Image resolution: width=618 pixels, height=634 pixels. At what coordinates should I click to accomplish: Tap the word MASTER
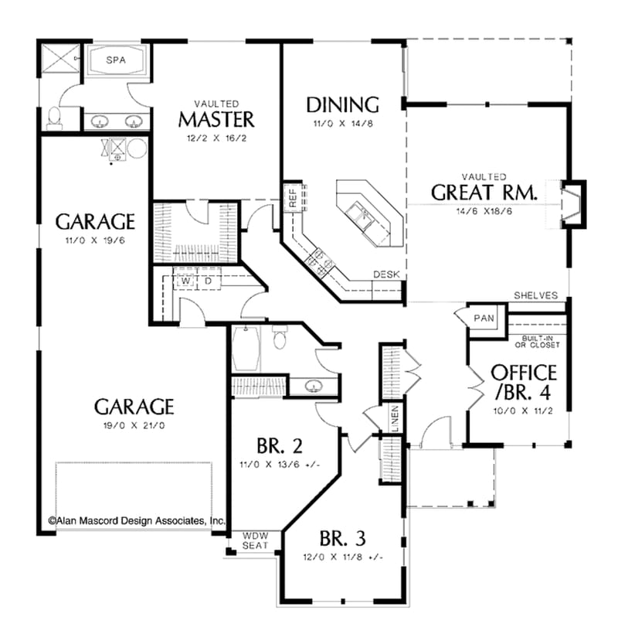coord(216,119)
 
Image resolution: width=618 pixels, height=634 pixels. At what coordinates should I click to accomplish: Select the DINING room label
coord(342,104)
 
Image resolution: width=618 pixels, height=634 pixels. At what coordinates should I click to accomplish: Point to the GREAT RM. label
coord(484,192)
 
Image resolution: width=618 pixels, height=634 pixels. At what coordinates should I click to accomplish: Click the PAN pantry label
coord(484,318)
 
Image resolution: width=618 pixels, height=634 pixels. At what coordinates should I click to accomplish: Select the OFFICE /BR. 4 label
coord(524,382)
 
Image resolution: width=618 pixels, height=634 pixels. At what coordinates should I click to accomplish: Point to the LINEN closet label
coord(394,418)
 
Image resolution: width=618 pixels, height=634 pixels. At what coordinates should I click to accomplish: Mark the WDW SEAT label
coord(256,540)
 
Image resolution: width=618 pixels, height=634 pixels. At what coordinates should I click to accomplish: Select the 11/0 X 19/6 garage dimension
coord(95,240)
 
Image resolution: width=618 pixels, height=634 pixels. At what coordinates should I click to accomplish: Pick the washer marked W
coord(186,281)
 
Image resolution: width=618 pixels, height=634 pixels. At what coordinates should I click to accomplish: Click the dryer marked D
coord(208,281)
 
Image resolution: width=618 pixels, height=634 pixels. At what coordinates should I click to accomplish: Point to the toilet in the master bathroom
coord(55,118)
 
